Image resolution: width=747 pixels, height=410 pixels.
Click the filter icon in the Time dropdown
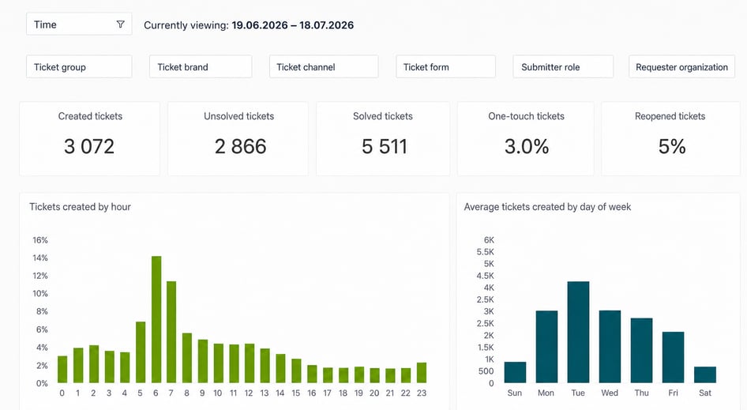coord(121,24)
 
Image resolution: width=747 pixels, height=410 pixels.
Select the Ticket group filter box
coord(79,66)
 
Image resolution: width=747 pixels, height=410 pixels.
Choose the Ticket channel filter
coord(324,66)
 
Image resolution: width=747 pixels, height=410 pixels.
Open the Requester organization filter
coord(681,66)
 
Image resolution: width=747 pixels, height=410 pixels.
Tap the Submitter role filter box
coord(563,66)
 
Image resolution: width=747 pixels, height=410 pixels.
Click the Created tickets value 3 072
coord(89,146)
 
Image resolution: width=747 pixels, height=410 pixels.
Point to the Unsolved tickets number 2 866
coord(240,146)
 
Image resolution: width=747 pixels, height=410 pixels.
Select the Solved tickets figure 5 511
coord(385,146)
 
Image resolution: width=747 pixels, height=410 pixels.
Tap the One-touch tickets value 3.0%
coord(527,146)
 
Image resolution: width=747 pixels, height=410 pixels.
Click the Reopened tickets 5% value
coord(672,146)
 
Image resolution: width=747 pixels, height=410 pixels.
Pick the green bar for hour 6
coord(156,319)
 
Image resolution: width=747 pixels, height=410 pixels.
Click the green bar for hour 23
coord(422,373)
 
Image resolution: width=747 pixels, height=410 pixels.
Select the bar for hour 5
coord(141,352)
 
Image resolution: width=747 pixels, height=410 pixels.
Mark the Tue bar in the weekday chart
coord(578,333)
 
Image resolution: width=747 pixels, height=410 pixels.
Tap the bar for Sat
coord(705,374)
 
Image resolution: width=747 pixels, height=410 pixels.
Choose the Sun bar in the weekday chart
coord(515,372)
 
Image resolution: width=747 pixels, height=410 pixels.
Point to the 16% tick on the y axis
coord(40,240)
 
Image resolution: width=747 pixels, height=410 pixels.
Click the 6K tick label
coord(489,240)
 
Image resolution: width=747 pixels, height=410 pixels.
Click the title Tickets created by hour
coord(80,207)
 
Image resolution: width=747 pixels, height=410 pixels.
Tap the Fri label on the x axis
coord(673,393)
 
